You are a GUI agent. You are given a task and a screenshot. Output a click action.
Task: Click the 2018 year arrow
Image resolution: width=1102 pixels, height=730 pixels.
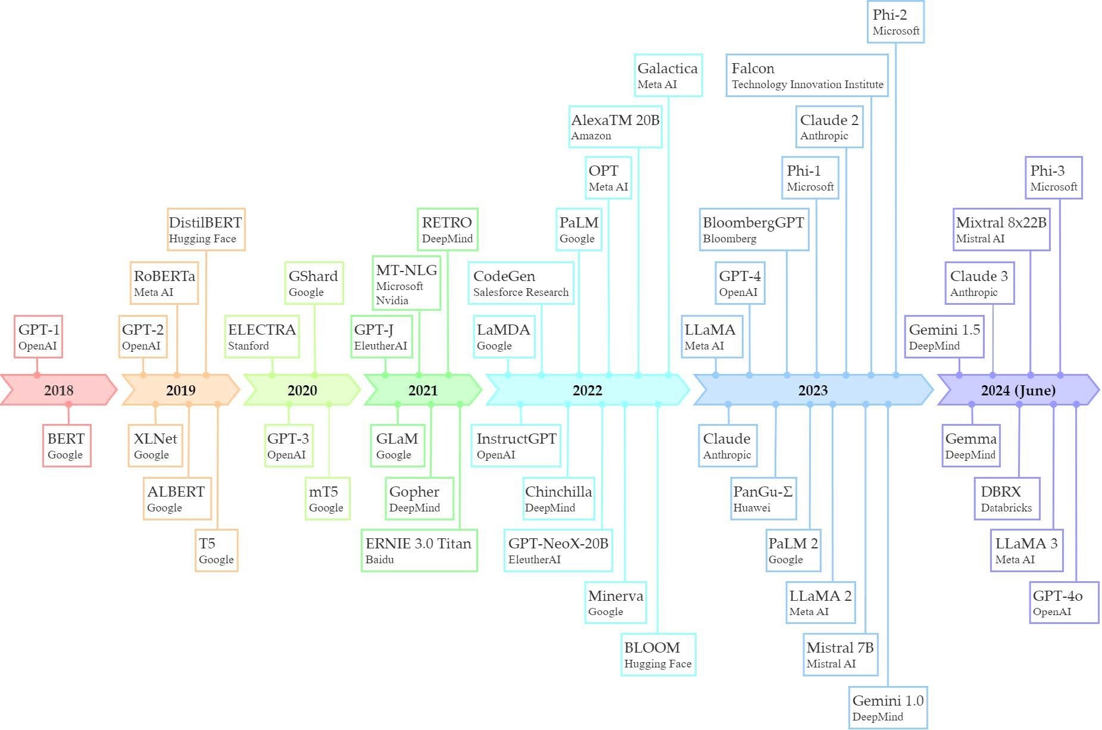(58, 390)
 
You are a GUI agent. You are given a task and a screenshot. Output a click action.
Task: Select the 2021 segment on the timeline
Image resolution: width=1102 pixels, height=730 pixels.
(423, 390)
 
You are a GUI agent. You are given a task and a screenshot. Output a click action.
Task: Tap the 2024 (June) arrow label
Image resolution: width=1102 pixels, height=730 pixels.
(1018, 390)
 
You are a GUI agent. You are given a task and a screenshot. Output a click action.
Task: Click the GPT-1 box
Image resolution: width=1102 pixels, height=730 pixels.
(38, 337)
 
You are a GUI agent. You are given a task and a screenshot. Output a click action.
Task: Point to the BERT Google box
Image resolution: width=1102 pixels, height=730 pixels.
(67, 445)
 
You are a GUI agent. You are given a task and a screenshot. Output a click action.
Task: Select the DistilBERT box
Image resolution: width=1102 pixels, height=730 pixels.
(206, 229)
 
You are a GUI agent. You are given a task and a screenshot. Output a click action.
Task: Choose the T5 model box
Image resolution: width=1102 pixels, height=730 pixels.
(217, 551)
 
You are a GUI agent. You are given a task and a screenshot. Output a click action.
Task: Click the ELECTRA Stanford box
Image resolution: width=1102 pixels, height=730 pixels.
(262, 337)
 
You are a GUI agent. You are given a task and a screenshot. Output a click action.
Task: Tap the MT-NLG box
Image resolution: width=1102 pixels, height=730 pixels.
(407, 283)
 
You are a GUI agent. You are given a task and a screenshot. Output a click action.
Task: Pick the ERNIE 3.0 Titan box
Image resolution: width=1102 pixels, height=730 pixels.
(419, 551)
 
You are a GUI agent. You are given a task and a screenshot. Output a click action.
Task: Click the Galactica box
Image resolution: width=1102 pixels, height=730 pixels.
(668, 75)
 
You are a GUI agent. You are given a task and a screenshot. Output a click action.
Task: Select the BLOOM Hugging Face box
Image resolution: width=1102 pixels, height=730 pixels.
(658, 654)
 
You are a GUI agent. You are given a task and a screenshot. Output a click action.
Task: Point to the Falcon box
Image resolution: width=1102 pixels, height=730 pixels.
(807, 75)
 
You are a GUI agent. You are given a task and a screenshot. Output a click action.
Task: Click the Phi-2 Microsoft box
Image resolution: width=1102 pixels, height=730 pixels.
(896, 21)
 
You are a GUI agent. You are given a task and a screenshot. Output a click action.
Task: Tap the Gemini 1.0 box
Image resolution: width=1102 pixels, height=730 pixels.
(888, 707)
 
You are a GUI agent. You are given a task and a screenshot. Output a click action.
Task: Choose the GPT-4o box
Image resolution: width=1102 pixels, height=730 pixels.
(1064, 603)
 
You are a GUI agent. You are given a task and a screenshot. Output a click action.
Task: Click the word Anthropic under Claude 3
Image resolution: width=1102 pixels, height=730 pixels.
(974, 292)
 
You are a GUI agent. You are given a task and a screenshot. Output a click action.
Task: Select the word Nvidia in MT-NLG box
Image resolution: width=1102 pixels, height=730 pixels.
(392, 301)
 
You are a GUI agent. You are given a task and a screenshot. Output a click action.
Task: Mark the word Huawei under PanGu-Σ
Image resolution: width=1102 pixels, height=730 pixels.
(752, 508)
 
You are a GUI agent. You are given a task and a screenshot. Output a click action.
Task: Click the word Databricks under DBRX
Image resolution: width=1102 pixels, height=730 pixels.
(1007, 508)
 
